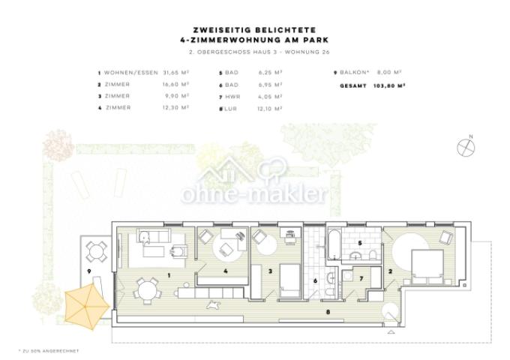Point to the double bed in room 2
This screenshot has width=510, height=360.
[x=427, y=262]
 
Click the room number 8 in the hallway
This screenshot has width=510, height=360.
[x=325, y=310]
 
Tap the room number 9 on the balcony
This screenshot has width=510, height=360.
[x=88, y=270]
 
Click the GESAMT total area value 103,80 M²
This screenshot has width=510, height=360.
[x=391, y=86]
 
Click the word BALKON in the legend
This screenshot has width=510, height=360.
[x=353, y=73]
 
